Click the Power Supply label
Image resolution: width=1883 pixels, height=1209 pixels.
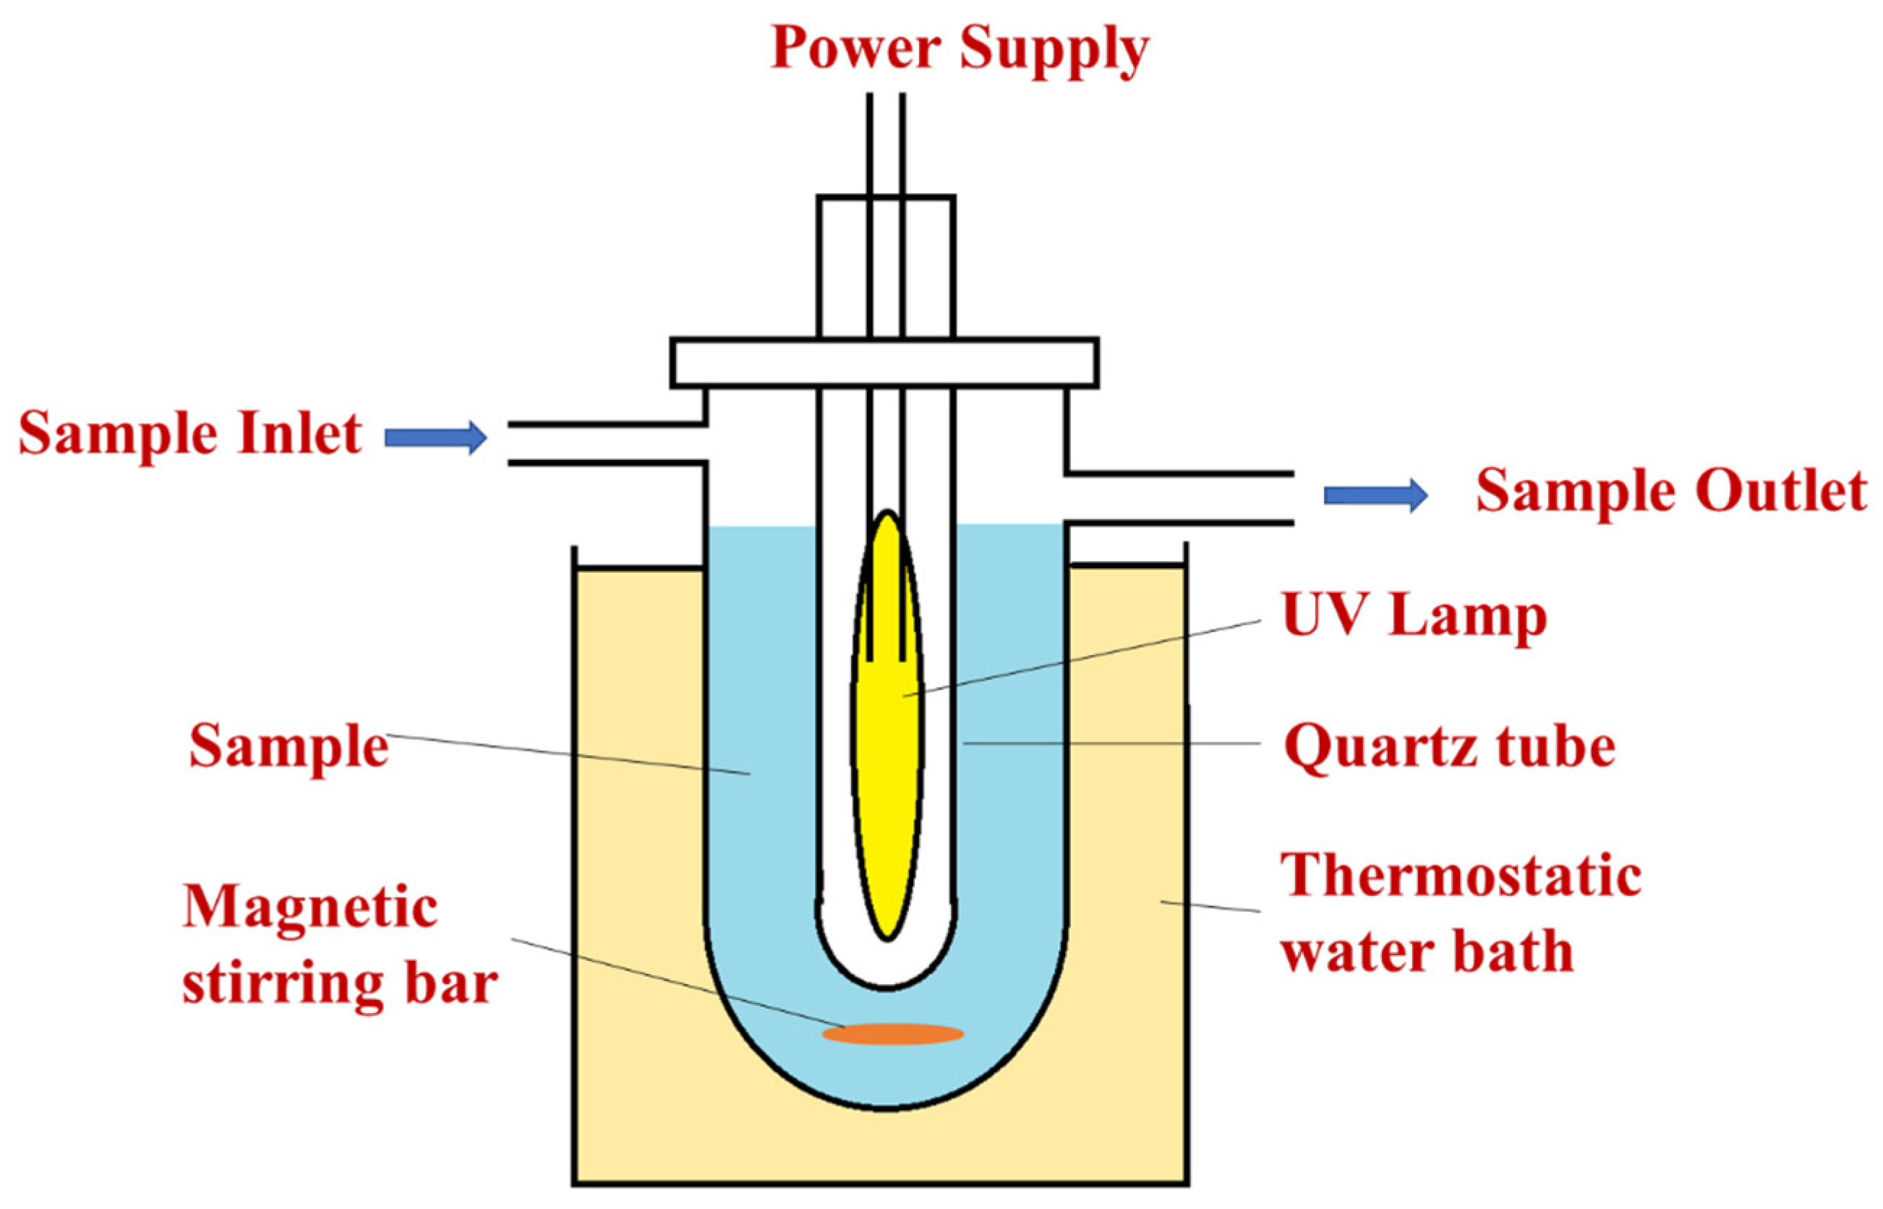(959, 48)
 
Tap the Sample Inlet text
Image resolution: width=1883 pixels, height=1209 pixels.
(190, 434)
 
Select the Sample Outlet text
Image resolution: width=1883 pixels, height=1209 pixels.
(1670, 492)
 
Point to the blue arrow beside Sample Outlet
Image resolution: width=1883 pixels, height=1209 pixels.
(1375, 495)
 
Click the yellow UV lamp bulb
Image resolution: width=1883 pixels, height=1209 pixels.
(888, 753)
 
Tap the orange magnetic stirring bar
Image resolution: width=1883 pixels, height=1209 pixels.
(892, 1034)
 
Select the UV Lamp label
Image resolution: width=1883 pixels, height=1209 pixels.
(1414, 616)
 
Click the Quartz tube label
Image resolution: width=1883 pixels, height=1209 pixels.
(1449, 747)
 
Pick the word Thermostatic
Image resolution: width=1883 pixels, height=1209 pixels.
(1461, 876)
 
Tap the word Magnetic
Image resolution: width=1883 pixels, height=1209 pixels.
(310, 907)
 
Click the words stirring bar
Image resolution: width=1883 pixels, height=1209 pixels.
(339, 983)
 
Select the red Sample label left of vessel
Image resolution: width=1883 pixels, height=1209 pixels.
(289, 747)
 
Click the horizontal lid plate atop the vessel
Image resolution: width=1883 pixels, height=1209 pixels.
(884, 363)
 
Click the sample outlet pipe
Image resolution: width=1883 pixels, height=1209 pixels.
(1177, 498)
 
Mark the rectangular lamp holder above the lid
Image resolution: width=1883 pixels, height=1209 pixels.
(886, 267)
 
